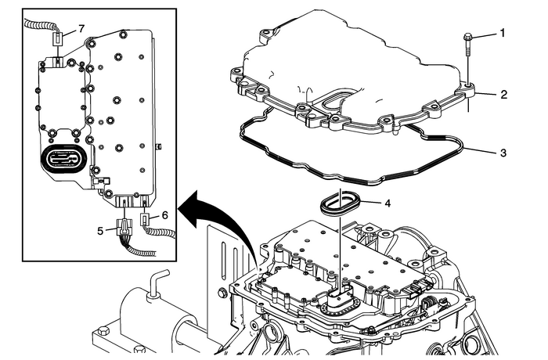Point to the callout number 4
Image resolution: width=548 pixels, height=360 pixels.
tap(388, 202)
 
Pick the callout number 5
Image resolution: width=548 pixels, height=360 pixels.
tap(100, 230)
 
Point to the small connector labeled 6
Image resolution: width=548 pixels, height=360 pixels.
tap(146, 220)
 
